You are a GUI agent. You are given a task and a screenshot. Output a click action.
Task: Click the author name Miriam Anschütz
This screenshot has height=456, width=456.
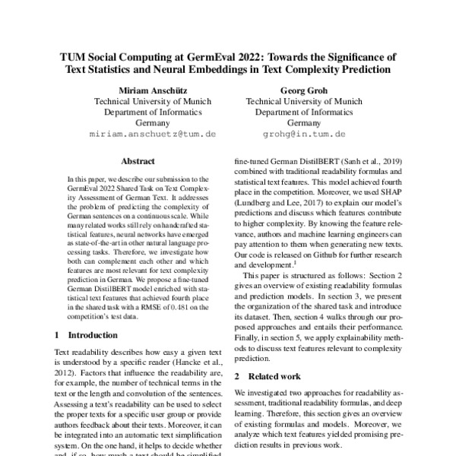pyautogui.click(x=142, y=87)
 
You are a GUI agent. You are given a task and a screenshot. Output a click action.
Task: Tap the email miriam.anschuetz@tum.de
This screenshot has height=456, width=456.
pyautogui.click(x=142, y=133)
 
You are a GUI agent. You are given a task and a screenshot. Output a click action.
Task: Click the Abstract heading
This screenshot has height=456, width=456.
pyautogui.click(x=142, y=162)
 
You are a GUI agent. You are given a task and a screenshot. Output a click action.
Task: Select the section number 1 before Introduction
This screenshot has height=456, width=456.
pyautogui.click(x=58, y=334)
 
